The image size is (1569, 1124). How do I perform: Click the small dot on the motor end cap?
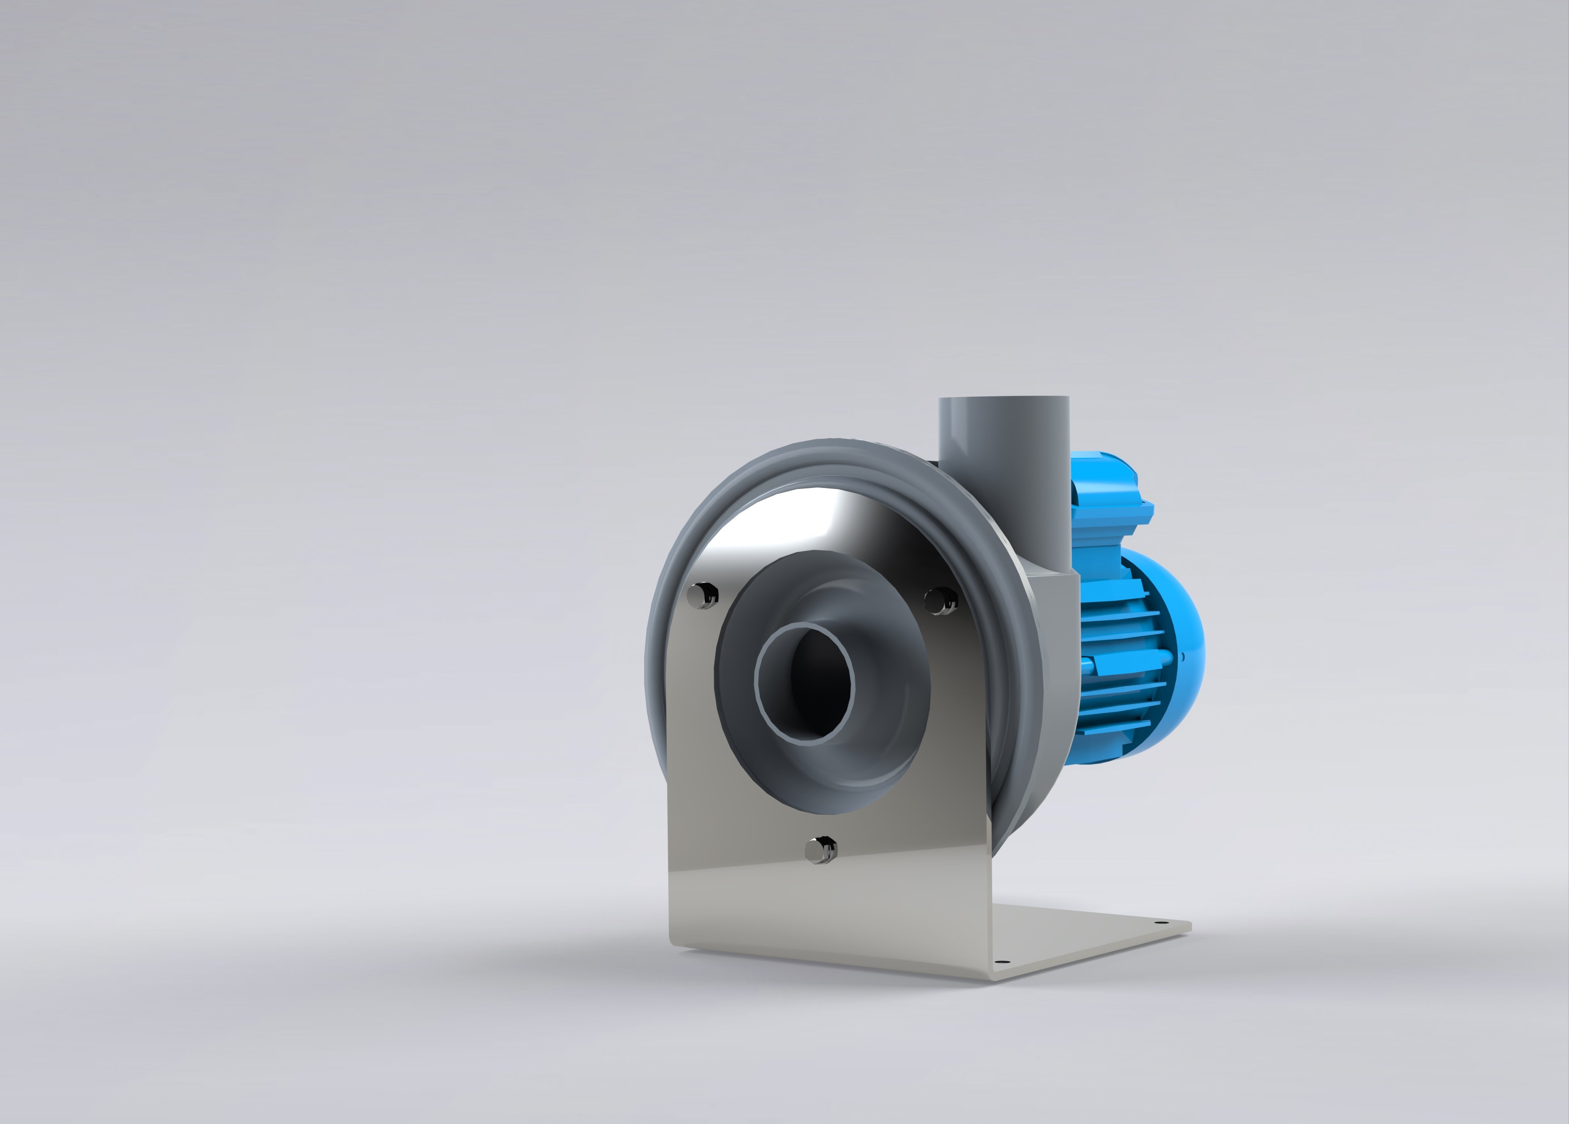[1182, 656]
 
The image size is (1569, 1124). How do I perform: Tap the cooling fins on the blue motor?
[1114, 664]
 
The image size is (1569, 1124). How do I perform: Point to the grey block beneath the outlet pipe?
[1055, 609]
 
